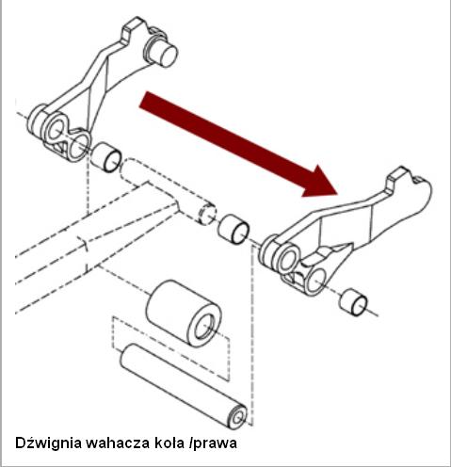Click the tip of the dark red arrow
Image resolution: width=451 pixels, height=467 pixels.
click(337, 194)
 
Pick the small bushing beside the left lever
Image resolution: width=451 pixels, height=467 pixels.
click(106, 157)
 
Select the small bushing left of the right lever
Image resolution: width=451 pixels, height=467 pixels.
click(234, 229)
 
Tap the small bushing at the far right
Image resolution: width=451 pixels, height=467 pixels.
click(353, 302)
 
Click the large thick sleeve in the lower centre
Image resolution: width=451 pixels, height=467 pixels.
click(184, 313)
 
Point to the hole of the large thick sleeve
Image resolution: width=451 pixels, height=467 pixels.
click(204, 327)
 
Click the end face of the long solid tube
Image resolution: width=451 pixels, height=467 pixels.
click(238, 417)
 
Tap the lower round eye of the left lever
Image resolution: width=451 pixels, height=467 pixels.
click(78, 147)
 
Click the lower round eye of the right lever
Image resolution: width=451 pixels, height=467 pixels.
click(314, 281)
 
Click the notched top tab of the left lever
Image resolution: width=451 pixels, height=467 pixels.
click(134, 29)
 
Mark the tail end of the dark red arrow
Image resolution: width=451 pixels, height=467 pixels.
click(143, 100)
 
